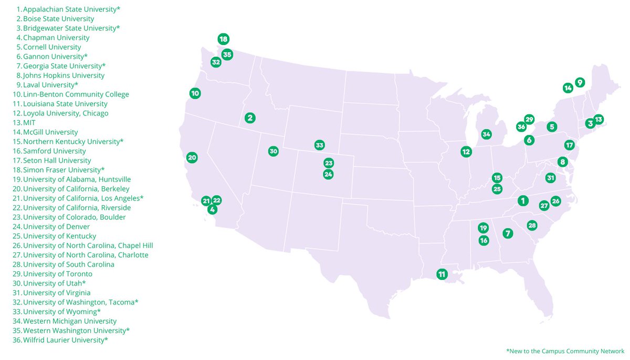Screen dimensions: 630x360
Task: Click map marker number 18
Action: coord(223,39)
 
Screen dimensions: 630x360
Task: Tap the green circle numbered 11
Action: coord(442,274)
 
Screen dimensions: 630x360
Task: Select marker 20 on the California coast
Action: coord(192,157)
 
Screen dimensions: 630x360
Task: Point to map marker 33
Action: coord(319,145)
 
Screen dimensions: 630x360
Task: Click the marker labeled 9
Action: coord(580,82)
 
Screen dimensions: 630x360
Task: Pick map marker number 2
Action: coord(250,118)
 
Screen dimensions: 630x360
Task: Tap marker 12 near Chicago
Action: coord(466,152)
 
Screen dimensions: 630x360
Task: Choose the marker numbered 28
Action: coord(532,225)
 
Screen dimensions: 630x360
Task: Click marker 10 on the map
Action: coord(195,93)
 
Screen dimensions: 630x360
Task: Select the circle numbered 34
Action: coord(486,134)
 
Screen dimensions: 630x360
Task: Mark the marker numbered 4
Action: coord(212,209)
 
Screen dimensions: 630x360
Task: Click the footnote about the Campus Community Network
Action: coord(565,351)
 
